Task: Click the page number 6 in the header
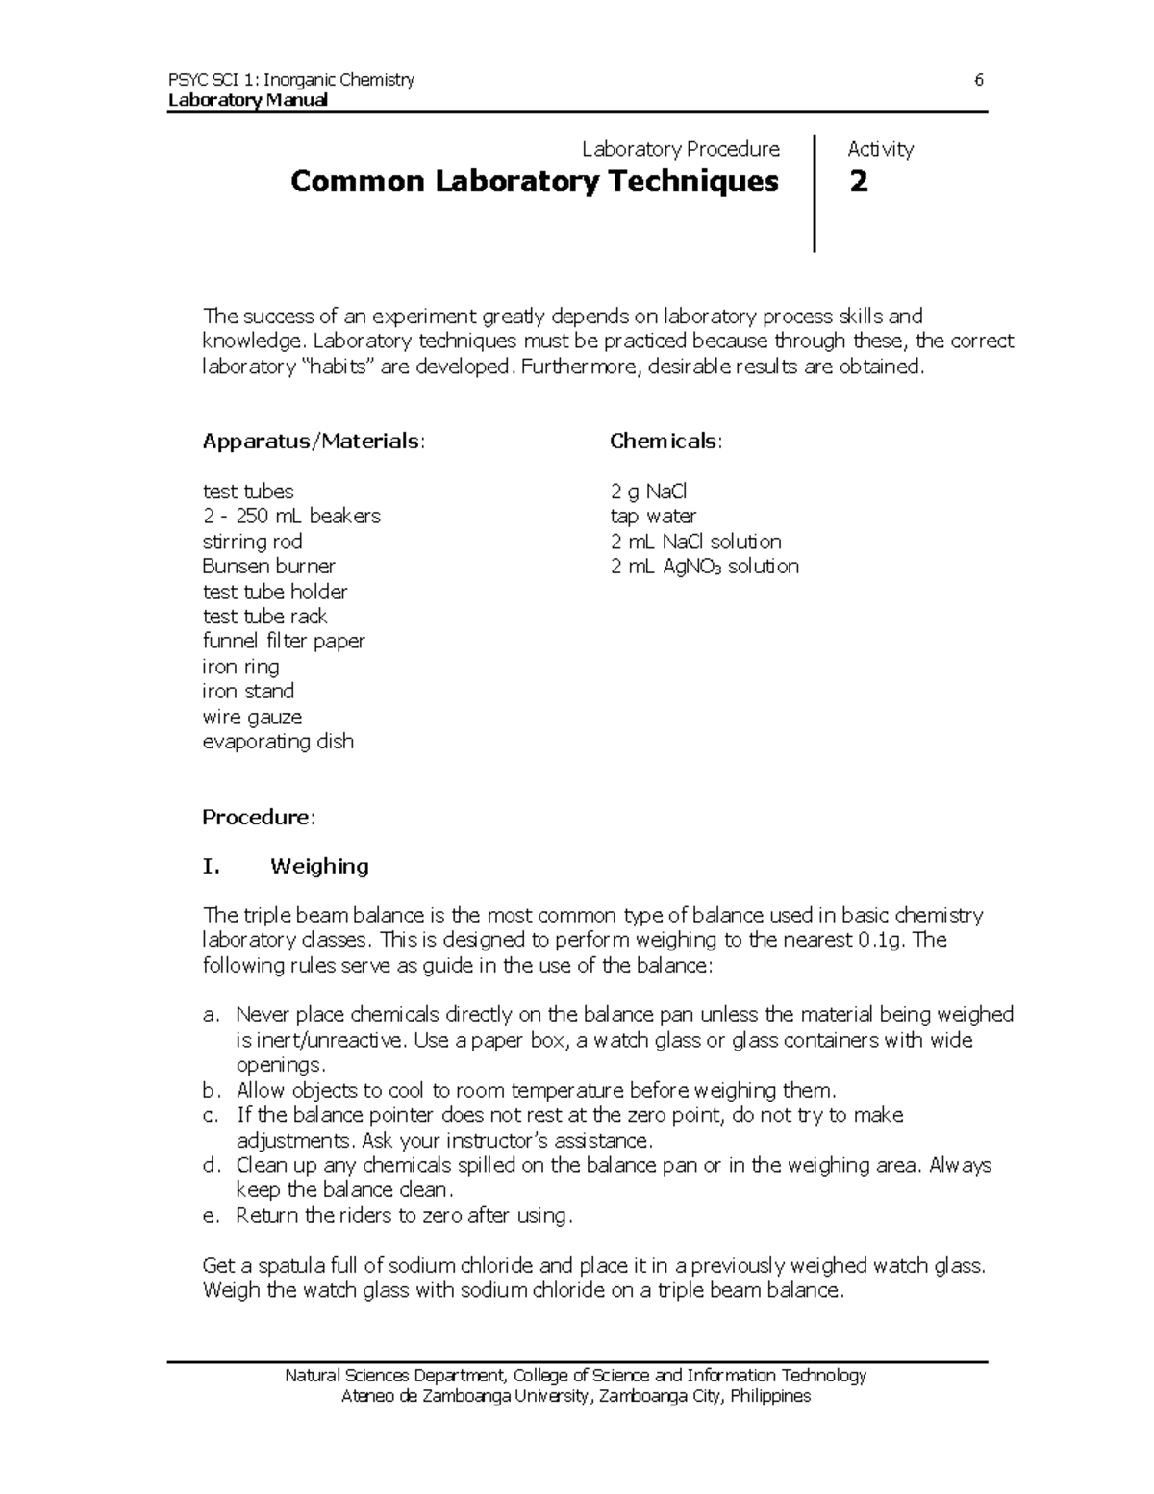pos(978,80)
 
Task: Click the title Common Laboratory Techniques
pos(534,181)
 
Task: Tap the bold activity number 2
pos(858,181)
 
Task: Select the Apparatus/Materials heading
pos(312,441)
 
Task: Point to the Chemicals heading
pos(665,441)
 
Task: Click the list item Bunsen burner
pos(268,566)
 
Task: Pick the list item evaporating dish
pos(278,741)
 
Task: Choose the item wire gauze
pos(252,717)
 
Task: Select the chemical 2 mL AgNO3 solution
pos(704,566)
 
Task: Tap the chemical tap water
pos(653,516)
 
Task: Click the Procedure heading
pos(258,817)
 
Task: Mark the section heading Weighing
pos(319,866)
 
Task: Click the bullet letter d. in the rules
pos(212,1165)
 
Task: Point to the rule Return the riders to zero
pos(404,1215)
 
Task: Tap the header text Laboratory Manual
pos(247,100)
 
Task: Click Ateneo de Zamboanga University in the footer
pos(465,1396)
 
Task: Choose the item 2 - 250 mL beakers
pos(291,516)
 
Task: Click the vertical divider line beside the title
pos(815,193)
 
